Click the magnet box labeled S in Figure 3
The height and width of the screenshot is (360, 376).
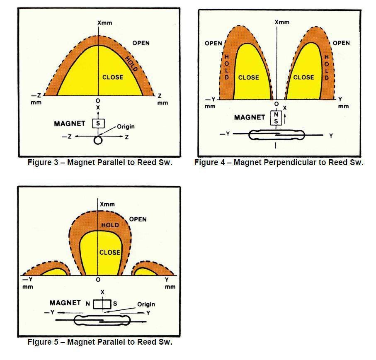click(98, 124)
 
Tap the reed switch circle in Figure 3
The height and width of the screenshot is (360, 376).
click(98, 140)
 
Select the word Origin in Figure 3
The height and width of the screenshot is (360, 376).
click(126, 126)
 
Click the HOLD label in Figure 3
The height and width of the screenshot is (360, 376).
click(132, 64)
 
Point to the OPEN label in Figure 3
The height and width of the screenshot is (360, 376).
click(141, 43)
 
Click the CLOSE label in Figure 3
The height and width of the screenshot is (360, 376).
click(113, 77)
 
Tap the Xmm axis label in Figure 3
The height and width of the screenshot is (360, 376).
click(105, 23)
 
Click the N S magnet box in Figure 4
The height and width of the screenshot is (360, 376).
click(276, 118)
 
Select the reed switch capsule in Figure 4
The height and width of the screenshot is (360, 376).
click(277, 135)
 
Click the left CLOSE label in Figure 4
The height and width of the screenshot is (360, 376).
click(248, 78)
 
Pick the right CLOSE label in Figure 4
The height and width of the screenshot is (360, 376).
click(303, 77)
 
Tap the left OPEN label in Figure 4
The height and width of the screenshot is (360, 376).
click(213, 44)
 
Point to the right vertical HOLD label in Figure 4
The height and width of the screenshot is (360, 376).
click(327, 67)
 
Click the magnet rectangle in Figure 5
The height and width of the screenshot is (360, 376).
click(102, 304)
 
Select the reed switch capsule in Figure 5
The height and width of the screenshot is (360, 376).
click(102, 321)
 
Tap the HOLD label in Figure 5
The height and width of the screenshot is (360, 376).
click(110, 225)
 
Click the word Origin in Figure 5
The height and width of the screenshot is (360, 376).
click(146, 304)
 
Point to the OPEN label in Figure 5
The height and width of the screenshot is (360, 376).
click(138, 219)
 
